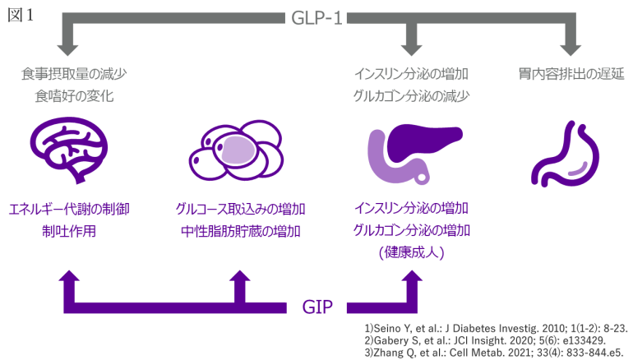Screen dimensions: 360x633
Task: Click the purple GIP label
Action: point(317,308)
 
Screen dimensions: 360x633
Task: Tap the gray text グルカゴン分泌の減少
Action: point(410,96)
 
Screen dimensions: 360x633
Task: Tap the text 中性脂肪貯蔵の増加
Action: point(240,231)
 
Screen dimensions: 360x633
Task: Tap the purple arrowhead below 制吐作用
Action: point(68,282)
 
